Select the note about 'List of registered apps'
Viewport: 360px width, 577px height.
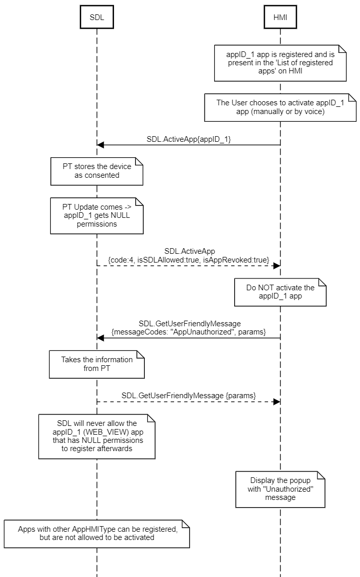(280, 63)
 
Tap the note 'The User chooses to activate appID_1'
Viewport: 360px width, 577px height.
(280, 107)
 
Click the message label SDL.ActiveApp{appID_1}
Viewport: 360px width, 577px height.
(187, 139)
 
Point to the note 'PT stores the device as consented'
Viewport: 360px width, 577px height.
(97, 171)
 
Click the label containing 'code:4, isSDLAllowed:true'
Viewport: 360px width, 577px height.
(188, 260)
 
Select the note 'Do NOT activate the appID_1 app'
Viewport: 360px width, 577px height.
(280, 292)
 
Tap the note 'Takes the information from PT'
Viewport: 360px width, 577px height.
(97, 364)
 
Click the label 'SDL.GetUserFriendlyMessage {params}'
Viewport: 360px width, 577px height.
(188, 395)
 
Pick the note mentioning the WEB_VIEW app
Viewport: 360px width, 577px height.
(97, 436)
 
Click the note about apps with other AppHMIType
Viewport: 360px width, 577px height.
(97, 533)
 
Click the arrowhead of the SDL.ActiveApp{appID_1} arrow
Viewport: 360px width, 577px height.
(100, 145)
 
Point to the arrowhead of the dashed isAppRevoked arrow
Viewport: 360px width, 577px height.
(276, 266)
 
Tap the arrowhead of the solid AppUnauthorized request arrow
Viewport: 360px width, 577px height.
(100, 338)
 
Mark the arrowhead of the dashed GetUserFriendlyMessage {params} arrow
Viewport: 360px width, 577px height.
(276, 401)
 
